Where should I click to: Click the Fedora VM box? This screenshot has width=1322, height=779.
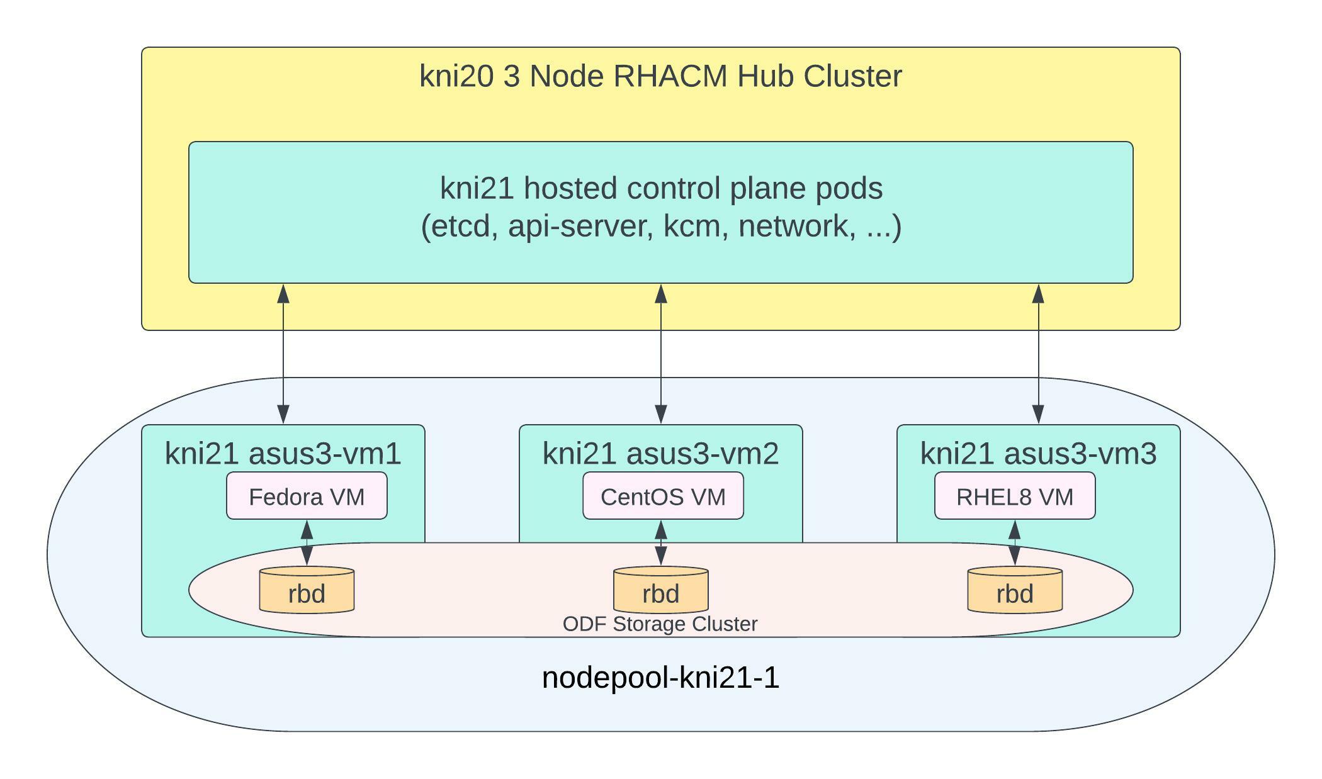(307, 496)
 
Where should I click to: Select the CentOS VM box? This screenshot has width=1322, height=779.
(663, 496)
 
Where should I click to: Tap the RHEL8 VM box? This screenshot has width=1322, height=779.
(1014, 496)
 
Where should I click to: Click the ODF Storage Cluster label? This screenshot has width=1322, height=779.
(660, 624)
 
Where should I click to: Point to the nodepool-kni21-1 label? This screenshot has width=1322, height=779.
(660, 678)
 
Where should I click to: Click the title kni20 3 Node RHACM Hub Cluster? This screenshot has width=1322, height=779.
(660, 76)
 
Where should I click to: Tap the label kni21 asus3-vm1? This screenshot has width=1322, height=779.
(283, 453)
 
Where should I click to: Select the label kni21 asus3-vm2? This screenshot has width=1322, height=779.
(660, 453)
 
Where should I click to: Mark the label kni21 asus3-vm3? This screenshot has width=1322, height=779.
(1038, 453)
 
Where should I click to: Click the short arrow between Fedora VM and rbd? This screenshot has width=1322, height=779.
(307, 542)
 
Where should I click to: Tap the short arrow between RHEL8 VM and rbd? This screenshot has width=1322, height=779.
(1014, 542)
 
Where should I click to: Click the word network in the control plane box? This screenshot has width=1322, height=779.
(796, 226)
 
